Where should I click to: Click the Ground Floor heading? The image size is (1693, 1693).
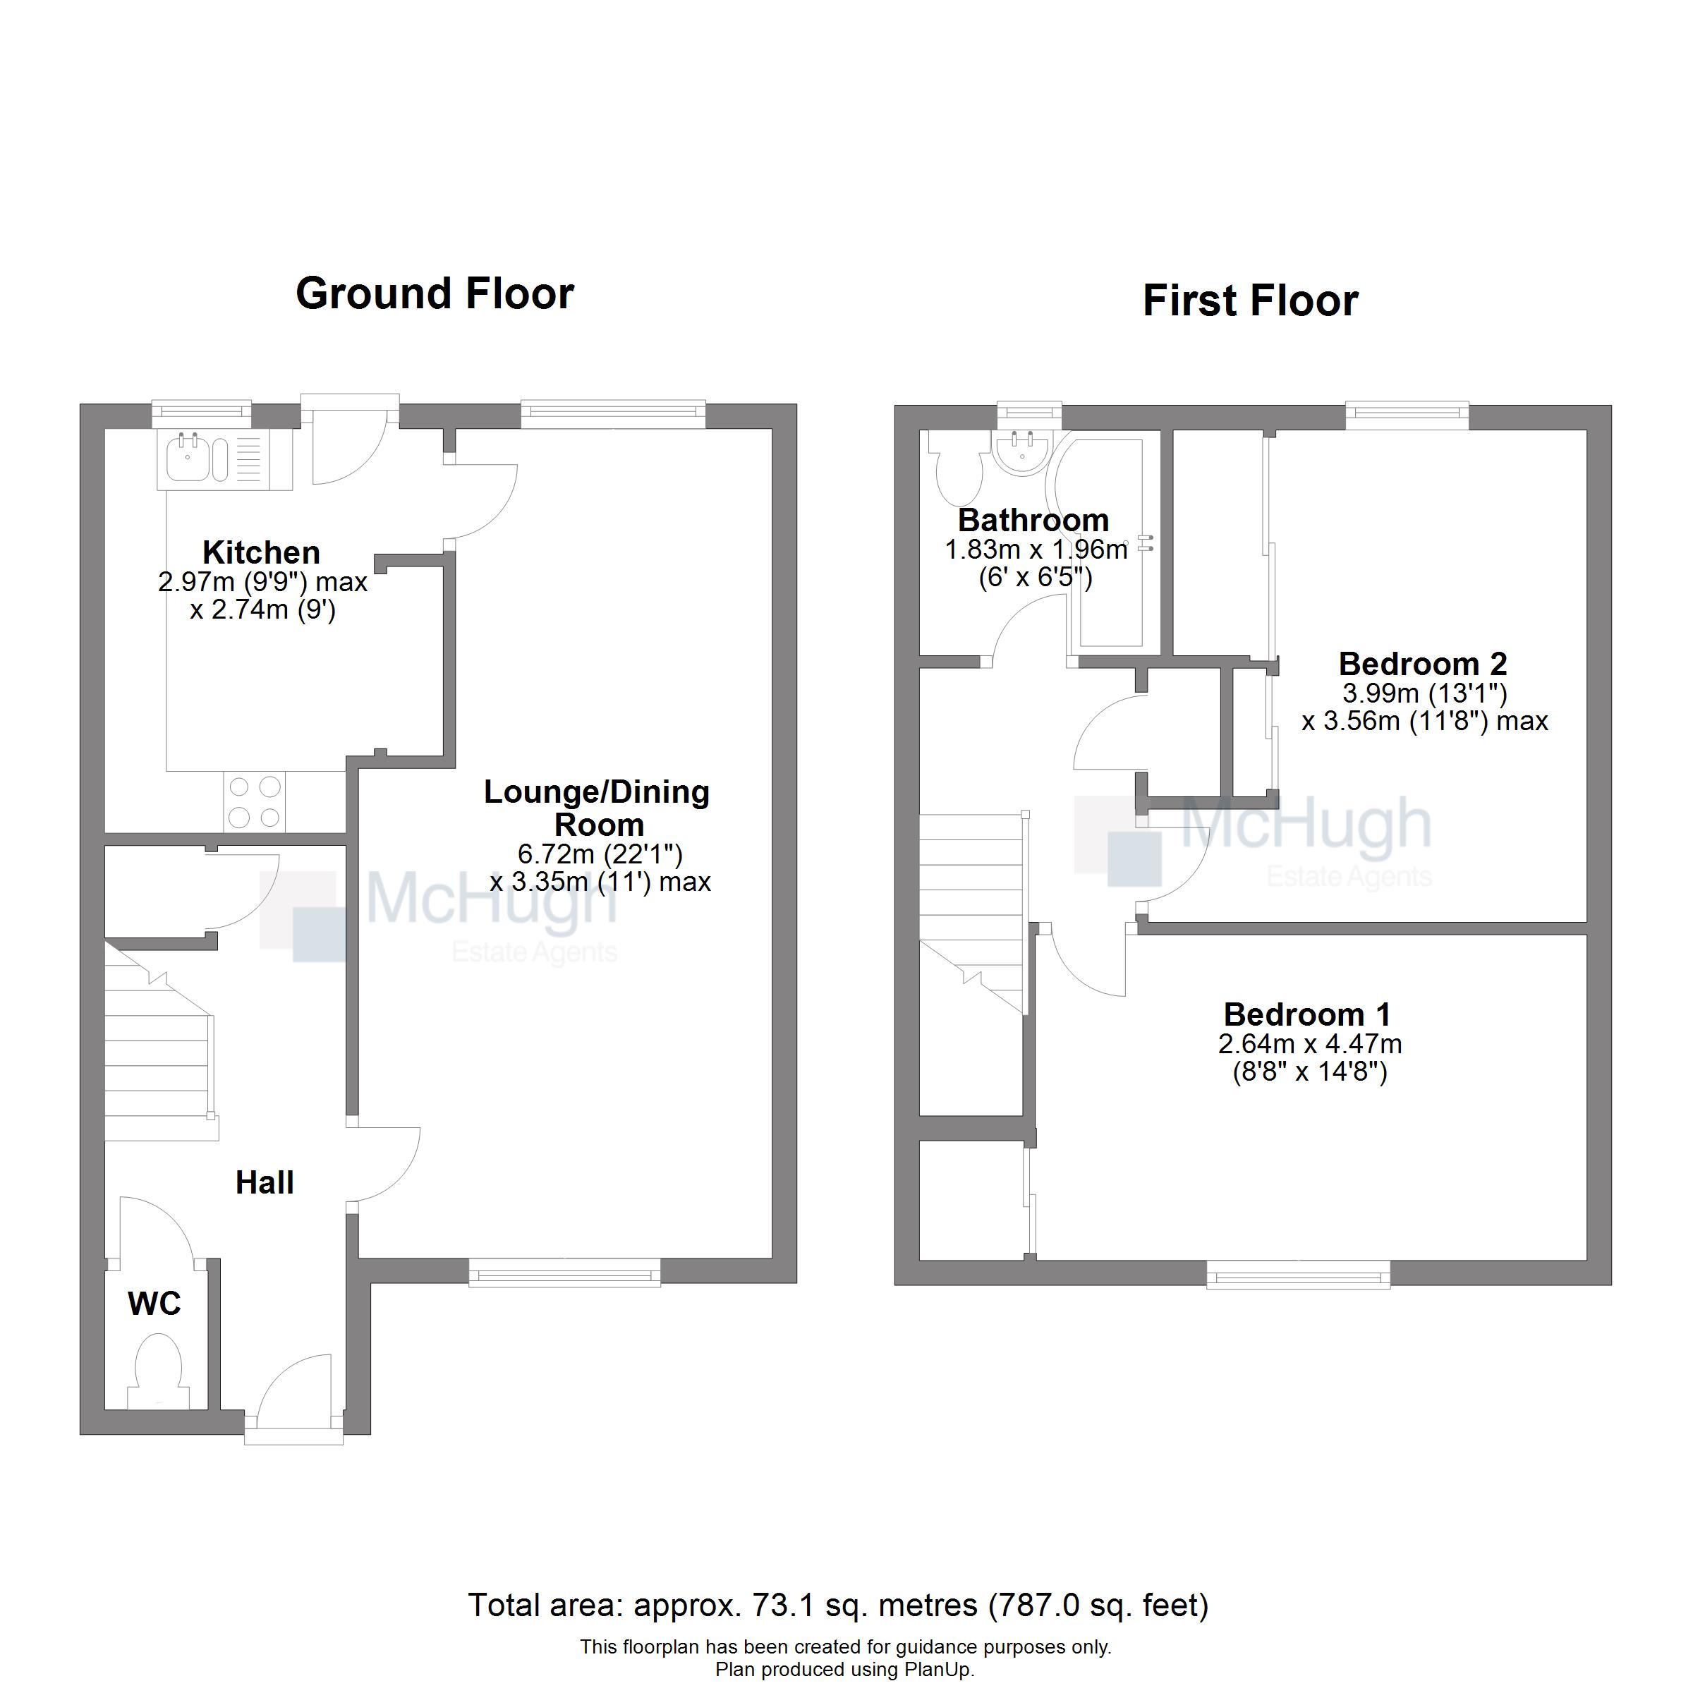pos(435,293)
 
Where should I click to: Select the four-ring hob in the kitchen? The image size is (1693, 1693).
pos(254,802)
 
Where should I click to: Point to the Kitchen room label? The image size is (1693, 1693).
pos(261,552)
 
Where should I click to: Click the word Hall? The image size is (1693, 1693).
pos(265,1182)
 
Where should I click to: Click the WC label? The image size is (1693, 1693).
pos(154,1303)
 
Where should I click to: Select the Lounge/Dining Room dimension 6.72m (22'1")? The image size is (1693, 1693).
pos(600,854)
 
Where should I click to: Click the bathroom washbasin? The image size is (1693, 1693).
pos(1021,454)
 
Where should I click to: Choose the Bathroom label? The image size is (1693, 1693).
pos(1033,520)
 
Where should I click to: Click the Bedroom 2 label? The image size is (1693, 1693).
pos(1423,663)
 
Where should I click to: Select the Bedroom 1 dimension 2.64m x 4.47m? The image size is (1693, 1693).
pos(1309,1044)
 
